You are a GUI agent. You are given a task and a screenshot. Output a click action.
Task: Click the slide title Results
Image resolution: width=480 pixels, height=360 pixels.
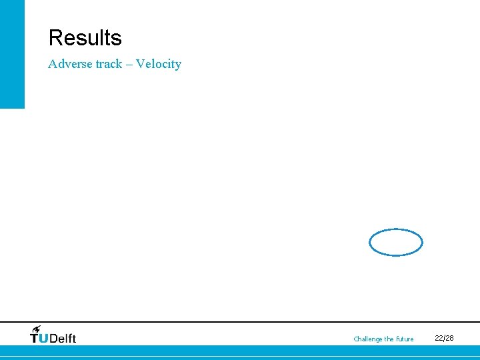point(85,38)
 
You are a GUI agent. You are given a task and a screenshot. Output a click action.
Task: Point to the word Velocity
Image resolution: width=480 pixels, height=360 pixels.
point(159,64)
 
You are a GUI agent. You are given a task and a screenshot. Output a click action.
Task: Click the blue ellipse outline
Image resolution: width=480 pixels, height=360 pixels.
point(396,230)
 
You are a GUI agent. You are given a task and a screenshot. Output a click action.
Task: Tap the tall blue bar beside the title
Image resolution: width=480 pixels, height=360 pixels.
point(12,53)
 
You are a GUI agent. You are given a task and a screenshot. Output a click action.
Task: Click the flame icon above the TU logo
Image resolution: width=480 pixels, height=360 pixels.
point(37,329)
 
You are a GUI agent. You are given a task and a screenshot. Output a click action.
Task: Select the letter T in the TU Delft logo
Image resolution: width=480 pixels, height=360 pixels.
point(35,338)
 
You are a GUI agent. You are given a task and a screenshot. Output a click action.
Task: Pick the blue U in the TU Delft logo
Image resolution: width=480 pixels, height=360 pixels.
point(44,338)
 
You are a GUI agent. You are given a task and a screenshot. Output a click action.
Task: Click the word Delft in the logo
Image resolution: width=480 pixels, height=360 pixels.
point(63,338)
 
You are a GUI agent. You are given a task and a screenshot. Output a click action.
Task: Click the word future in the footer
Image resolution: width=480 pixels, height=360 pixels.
point(405,339)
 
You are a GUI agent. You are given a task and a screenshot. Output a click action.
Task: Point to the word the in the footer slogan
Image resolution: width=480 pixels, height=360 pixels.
point(389,339)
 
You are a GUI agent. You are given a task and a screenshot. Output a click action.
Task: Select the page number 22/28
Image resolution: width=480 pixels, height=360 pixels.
point(444,338)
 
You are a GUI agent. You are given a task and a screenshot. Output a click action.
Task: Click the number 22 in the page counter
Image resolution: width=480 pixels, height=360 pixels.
point(439,338)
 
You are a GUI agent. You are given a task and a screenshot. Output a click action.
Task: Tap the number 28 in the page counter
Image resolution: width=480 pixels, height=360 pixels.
point(449,338)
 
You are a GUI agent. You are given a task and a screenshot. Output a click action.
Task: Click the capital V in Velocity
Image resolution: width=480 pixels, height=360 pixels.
point(140,64)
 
